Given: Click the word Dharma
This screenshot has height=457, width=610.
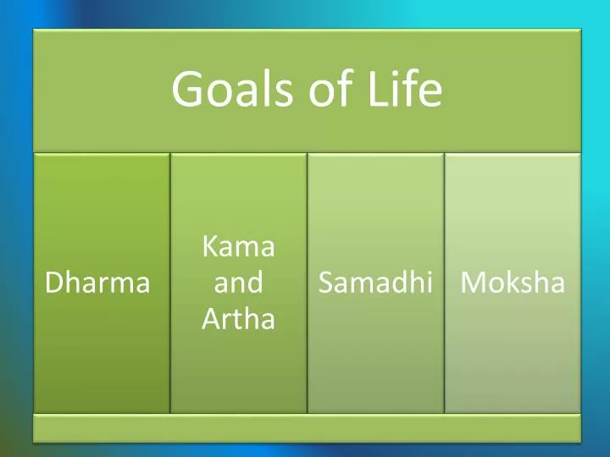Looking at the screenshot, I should click(x=97, y=284).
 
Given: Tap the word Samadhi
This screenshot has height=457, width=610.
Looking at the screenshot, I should click(x=374, y=284).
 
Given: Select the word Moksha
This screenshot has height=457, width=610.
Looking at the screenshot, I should click(x=512, y=284).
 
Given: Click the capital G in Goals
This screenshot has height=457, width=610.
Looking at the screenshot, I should click(x=187, y=91).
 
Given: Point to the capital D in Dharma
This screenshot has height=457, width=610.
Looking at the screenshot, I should click(x=53, y=284).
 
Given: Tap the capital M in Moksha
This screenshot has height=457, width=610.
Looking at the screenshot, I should click(x=472, y=284).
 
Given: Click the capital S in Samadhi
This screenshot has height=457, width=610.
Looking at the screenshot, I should click(x=326, y=284).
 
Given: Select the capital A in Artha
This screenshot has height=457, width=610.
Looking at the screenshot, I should click(x=210, y=319).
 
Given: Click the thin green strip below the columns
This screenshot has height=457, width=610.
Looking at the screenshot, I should click(x=307, y=428).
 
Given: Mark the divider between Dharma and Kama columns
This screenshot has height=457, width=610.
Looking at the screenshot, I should click(x=170, y=284).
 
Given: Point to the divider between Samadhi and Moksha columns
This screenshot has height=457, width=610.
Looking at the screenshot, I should click(x=444, y=284).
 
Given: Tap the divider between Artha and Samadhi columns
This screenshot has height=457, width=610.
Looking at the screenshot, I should click(x=307, y=284).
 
